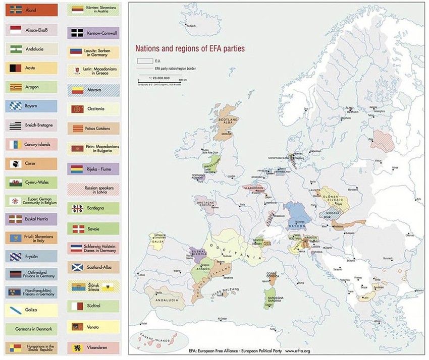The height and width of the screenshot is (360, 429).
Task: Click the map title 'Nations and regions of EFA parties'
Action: [x=189, y=49]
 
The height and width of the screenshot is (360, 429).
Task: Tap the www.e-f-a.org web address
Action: [x=305, y=350]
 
